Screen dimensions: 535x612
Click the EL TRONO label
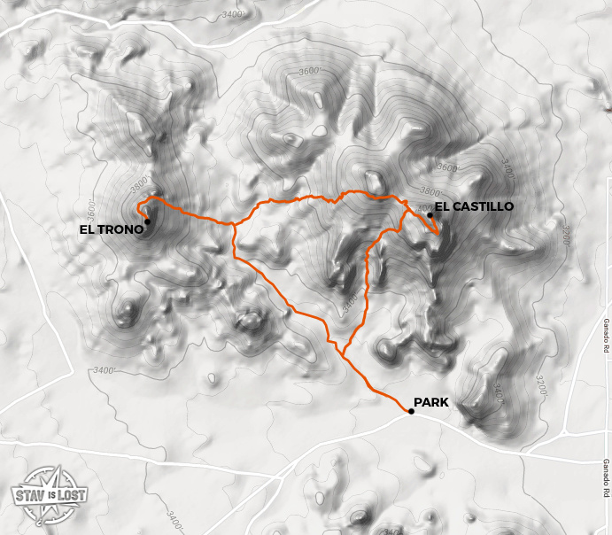[111, 229]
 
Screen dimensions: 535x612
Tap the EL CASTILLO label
[474, 206]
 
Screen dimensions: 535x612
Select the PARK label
[431, 402]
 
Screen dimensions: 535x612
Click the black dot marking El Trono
[147, 221]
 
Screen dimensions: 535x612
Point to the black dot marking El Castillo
[430, 214]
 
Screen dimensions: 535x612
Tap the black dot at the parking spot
[412, 411]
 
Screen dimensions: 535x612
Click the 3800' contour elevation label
[430, 191]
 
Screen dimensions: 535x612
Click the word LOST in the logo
[71, 494]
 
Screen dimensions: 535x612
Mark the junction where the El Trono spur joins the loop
[233, 224]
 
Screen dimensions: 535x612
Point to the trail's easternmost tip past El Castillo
[439, 233]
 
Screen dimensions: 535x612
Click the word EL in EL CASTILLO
[442, 206]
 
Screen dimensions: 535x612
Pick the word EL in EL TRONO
[87, 229]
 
